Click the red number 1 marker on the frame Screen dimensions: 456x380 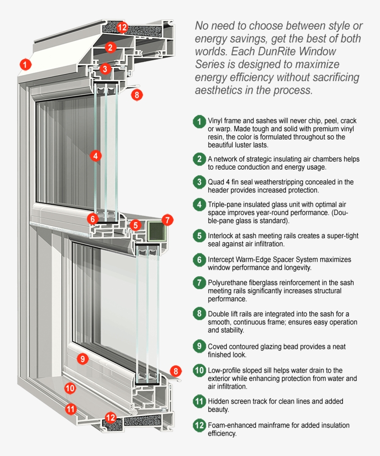tap(25, 64)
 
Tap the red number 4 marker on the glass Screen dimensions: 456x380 tap(95, 156)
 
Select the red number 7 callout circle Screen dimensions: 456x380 tap(167, 220)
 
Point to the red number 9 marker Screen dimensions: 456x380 tap(82, 358)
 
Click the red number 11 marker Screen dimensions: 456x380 tap(70, 409)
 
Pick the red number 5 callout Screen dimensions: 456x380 tap(135, 225)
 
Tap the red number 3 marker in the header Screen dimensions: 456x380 tap(106, 69)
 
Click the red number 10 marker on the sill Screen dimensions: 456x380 tap(70, 388)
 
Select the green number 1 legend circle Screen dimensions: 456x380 tap(199, 122)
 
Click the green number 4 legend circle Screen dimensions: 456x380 tap(199, 204)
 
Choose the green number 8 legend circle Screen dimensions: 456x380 tap(199, 314)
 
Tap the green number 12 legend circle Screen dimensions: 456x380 tap(199, 425)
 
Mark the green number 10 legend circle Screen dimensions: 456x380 tap(199, 370)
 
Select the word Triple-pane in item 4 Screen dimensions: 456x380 tap(225, 204)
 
